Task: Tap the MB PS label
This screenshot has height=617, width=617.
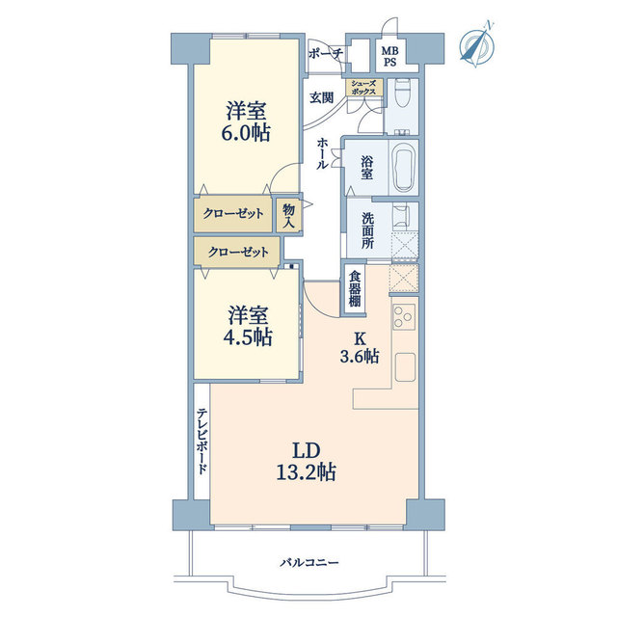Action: coord(389,57)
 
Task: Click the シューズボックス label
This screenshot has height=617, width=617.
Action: coord(365,88)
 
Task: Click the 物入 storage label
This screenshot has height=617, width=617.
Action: coord(288,214)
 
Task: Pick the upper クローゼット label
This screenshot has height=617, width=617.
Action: coord(232,214)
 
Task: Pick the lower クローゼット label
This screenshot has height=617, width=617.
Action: coord(237,252)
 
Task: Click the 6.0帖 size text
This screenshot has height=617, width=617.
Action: coord(246,133)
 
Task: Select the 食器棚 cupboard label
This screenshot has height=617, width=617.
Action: coord(355,289)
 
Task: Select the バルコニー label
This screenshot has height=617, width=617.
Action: coord(309,562)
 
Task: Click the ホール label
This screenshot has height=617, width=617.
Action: coord(322,153)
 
